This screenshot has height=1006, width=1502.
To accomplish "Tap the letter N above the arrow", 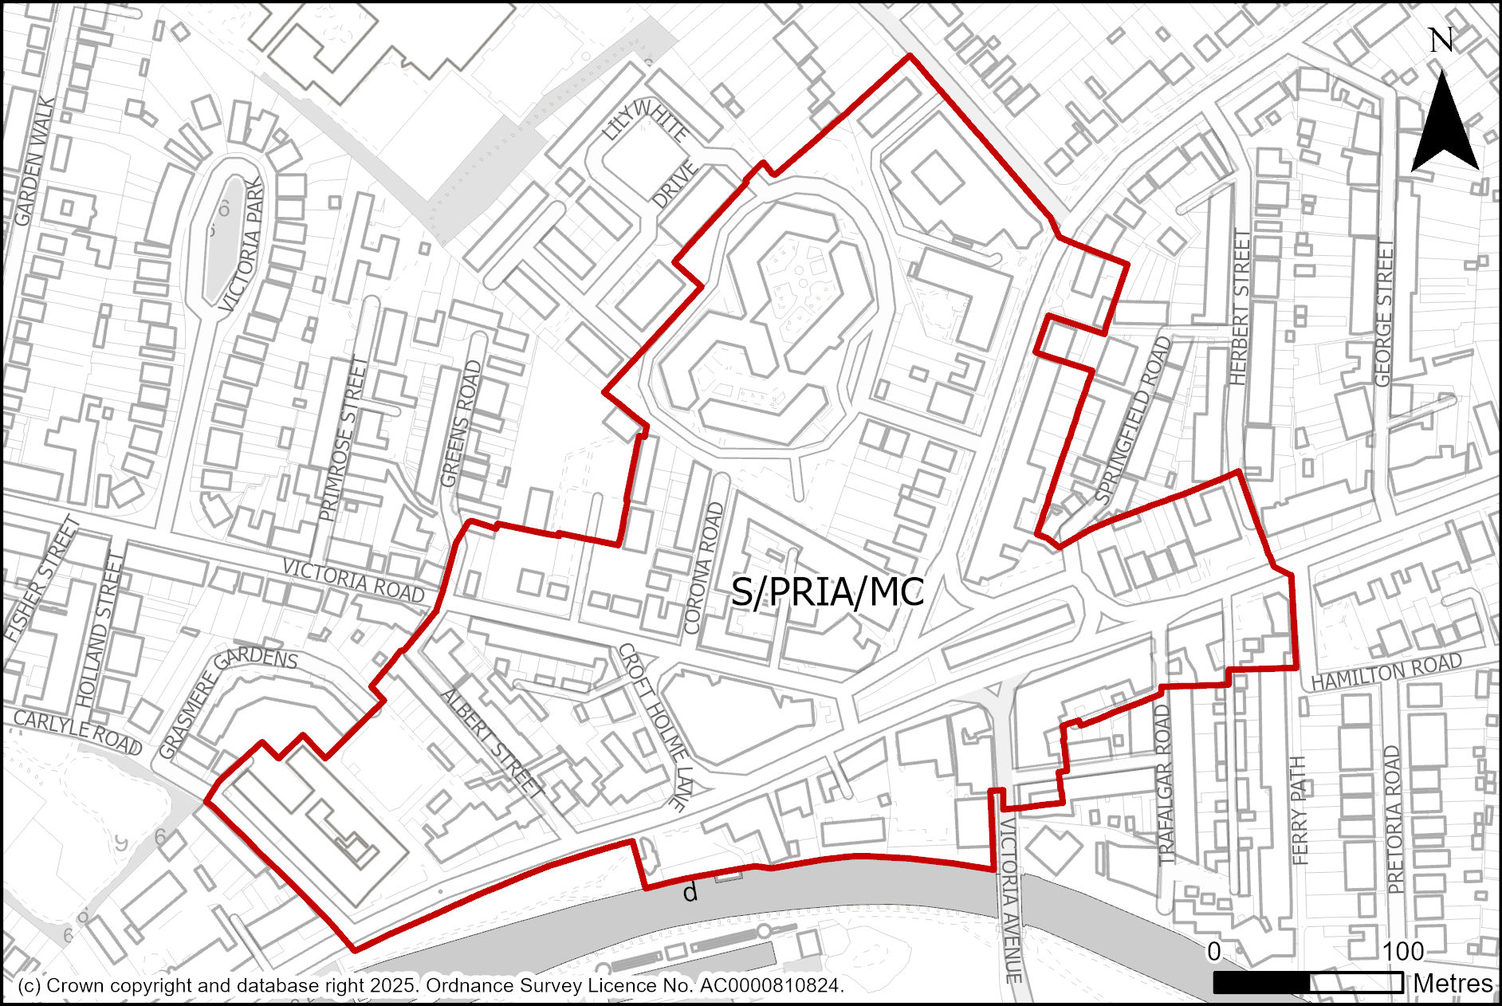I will coord(1441,40).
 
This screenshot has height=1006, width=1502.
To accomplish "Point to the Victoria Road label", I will coord(354,580).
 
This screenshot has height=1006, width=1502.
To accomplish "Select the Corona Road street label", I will coord(703,568).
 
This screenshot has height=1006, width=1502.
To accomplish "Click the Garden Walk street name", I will coord(35,161).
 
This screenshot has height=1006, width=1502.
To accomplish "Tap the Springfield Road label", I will coord(1134,419).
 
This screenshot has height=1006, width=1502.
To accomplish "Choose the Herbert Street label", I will coord(1241,308).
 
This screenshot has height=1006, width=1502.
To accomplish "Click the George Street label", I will coord(1384,313).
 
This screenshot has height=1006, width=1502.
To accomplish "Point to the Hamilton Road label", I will coord(1386,671).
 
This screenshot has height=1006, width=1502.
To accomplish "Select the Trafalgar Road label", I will coord(1165,784).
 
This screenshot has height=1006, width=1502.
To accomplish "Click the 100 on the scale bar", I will coord(1403,952).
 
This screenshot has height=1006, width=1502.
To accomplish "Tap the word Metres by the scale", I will coord(1453,984).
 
